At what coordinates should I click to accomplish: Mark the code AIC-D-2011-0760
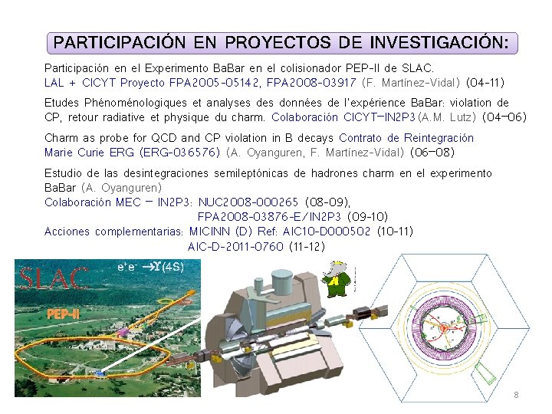[235, 246]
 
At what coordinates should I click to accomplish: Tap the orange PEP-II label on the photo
[63, 314]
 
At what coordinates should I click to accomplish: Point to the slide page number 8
[516, 395]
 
